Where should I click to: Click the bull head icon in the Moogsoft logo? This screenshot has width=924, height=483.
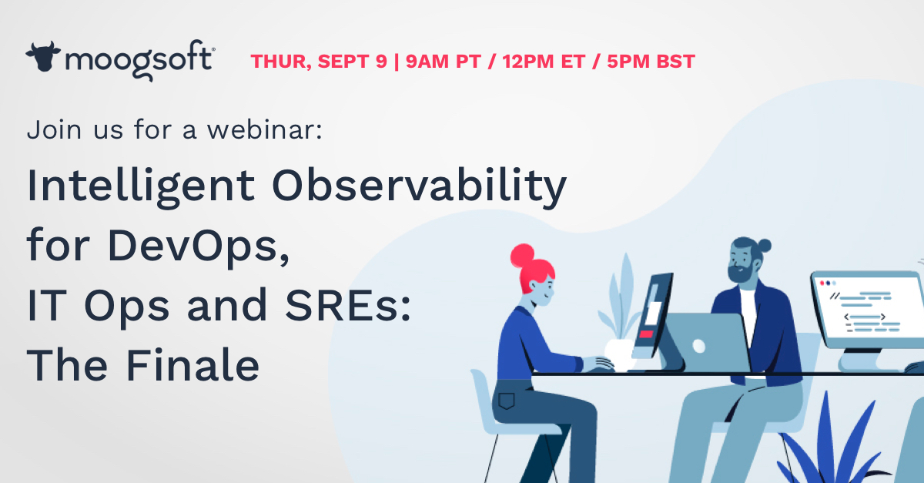[44, 57]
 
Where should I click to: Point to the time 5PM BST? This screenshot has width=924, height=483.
[651, 62]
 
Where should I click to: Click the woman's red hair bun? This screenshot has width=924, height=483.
[523, 255]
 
